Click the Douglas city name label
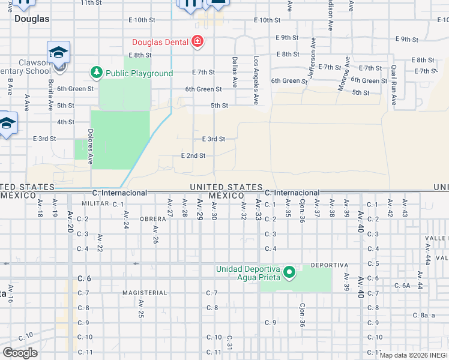32,19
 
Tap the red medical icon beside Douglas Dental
197,41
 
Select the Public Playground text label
139,73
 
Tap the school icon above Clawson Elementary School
59,52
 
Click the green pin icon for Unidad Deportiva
289,274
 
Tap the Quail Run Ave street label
394,85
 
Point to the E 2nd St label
193,155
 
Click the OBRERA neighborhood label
152,219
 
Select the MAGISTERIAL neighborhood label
144,293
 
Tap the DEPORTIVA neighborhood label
330,265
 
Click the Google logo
20,353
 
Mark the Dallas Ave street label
234,70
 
